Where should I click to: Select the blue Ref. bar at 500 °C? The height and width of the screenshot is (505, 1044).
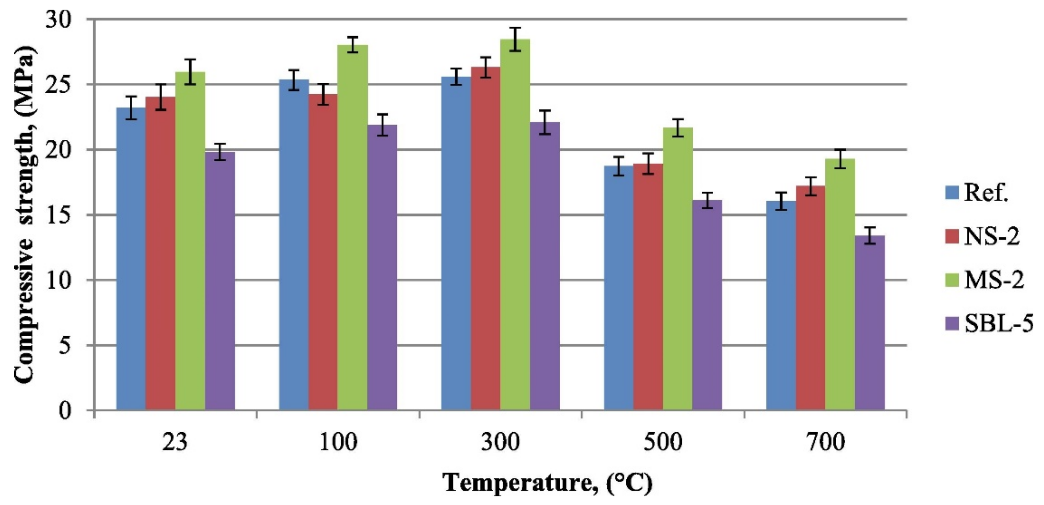618,288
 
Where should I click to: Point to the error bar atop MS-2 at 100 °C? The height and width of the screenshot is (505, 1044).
353,44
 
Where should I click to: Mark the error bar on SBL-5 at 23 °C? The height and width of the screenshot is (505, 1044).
220,152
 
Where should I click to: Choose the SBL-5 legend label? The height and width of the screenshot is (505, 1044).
998,324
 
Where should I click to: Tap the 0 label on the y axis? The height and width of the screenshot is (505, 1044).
65,410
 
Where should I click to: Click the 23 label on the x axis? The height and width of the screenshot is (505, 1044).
175,443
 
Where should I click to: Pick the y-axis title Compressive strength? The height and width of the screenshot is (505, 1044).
25,215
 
